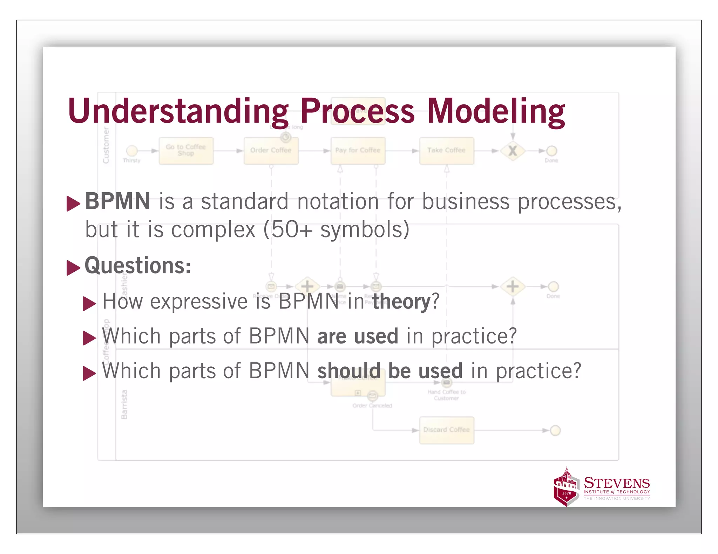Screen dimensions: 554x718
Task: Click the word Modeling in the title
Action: coord(496,111)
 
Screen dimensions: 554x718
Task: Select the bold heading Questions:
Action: coord(138,265)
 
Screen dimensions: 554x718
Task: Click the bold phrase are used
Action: coord(358,336)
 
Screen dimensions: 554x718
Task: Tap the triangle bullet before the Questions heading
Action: coord(73,268)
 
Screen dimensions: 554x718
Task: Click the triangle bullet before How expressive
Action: coord(89,303)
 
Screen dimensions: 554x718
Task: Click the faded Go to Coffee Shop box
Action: coord(186,151)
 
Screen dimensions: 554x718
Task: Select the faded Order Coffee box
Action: coord(271,151)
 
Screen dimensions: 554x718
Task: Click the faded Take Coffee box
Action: coord(446,151)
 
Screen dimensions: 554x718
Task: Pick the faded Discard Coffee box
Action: coord(446,430)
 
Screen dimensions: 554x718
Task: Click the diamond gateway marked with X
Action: coord(513,151)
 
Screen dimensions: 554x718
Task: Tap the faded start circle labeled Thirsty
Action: coord(132,151)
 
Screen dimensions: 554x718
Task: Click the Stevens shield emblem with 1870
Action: coord(565,487)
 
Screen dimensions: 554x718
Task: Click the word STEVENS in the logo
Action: coord(616,483)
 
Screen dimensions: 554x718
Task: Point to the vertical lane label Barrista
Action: coord(124,404)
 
